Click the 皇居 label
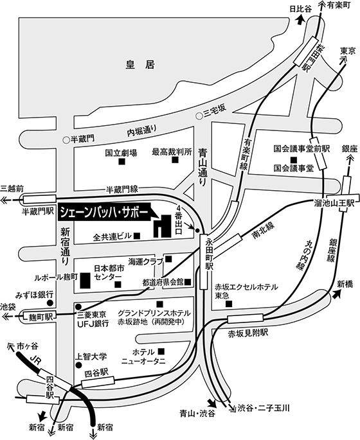[x=140, y=65]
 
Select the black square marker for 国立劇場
[x=122, y=161]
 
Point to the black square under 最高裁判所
[x=175, y=160]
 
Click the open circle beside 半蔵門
[x=66, y=139]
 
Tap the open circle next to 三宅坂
[x=199, y=116]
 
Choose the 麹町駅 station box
[x=41, y=317]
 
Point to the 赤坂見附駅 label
[x=248, y=333]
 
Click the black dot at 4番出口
[x=197, y=231]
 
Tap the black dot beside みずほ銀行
[x=50, y=303]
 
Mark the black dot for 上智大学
[x=78, y=365]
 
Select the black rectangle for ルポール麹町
[x=85, y=280]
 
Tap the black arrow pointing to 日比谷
[x=300, y=20]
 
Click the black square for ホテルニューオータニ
[x=161, y=351]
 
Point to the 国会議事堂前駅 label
[x=302, y=148]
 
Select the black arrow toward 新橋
[x=336, y=294]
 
